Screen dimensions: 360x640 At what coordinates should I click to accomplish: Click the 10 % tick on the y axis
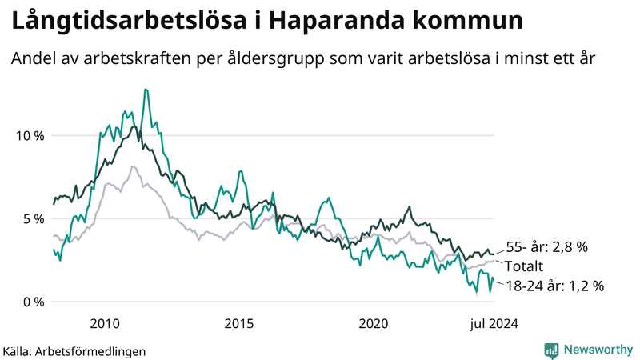[x=30, y=135]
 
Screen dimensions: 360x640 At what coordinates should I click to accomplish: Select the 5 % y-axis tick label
[x=33, y=218]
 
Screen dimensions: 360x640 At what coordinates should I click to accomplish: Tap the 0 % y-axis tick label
[x=33, y=302]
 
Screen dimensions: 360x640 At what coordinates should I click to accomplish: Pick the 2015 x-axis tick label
[x=239, y=323]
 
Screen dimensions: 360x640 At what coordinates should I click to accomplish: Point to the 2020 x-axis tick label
[x=374, y=323]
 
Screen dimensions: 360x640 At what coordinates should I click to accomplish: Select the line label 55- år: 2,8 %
[x=547, y=248]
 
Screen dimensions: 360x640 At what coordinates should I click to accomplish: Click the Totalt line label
[x=525, y=266]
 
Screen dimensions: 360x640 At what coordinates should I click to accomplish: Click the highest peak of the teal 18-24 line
[x=146, y=90]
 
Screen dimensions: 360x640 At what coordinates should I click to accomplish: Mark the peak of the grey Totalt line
[x=133, y=166]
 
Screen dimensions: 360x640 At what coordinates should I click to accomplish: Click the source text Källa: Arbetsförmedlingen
[x=74, y=351]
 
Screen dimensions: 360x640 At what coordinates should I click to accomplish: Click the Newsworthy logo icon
[x=551, y=350]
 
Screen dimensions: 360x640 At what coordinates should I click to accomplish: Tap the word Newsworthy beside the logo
[x=598, y=350]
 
